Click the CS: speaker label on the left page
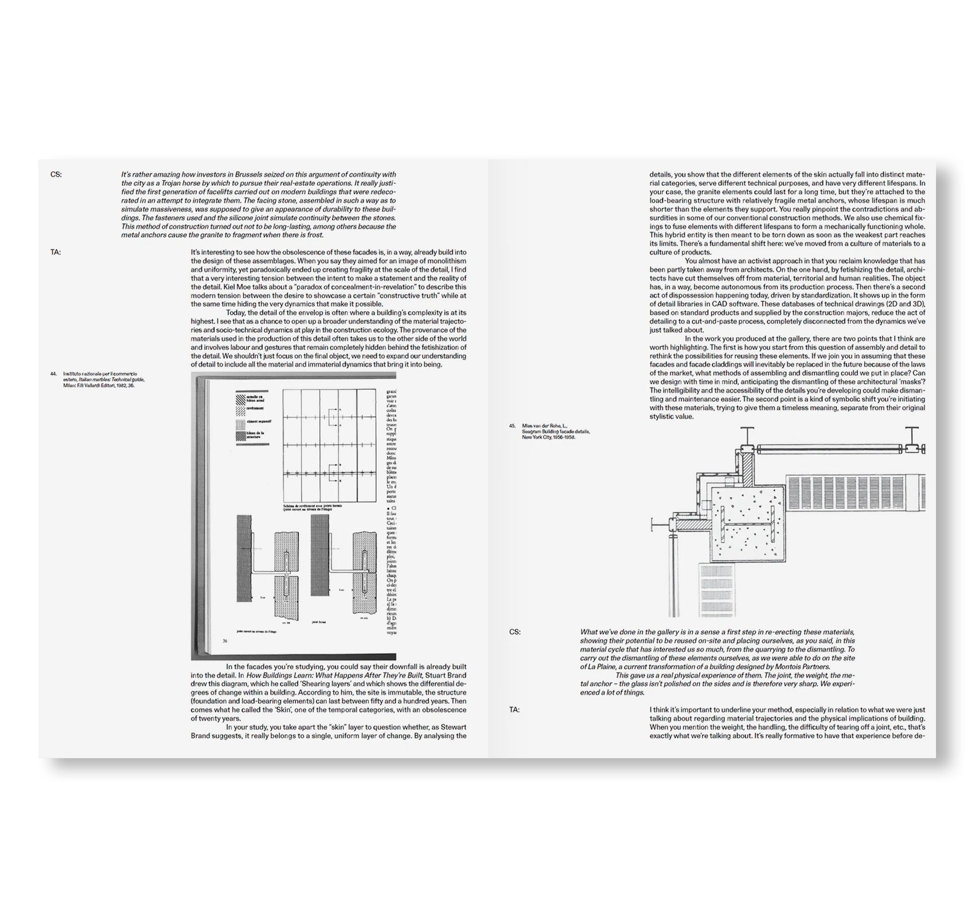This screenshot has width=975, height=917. click(x=56, y=175)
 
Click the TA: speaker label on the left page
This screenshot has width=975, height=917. click(x=56, y=252)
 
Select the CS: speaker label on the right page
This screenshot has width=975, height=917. click(x=514, y=632)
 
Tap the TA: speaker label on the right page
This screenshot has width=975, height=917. click(x=514, y=710)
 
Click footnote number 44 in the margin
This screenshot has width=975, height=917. click(x=53, y=374)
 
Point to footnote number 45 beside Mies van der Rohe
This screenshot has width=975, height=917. click(x=512, y=426)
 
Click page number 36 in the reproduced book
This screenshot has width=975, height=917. click(x=225, y=641)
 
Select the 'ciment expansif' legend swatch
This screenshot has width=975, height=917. click(x=239, y=424)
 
